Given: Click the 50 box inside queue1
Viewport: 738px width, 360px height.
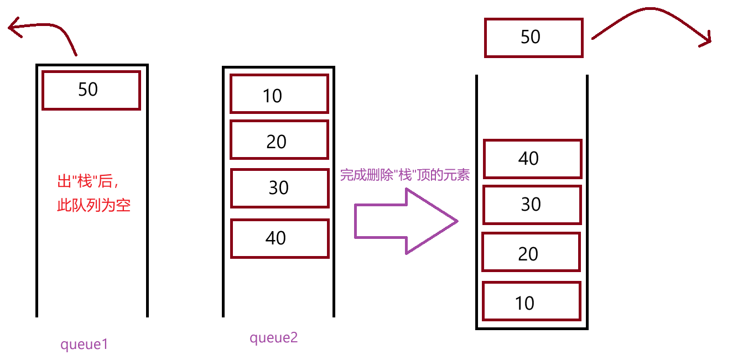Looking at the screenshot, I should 91,90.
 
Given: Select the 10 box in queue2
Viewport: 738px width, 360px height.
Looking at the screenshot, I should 279,93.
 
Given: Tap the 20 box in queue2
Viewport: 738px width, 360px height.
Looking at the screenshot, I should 279,140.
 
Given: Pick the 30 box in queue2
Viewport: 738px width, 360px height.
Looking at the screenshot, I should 279,188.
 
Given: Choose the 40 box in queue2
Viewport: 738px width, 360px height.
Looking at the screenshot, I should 279,238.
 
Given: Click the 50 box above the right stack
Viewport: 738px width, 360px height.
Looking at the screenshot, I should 533,38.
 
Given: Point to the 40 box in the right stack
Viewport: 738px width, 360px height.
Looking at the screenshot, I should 532,159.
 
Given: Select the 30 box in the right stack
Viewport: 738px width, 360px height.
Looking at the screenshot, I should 532,205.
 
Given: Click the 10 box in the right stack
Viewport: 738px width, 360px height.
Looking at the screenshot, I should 531,301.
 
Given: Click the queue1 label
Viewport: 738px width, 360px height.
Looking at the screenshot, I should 84,345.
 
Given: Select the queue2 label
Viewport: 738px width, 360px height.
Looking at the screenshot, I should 273,338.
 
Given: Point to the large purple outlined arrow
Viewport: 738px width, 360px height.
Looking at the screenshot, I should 406,221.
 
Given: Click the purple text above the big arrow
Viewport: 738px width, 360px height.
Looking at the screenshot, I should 404,176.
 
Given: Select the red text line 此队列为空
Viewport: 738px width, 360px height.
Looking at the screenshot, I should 93,206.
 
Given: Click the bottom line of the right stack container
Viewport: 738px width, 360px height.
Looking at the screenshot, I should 532,328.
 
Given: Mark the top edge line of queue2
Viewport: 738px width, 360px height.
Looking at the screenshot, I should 278,67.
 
